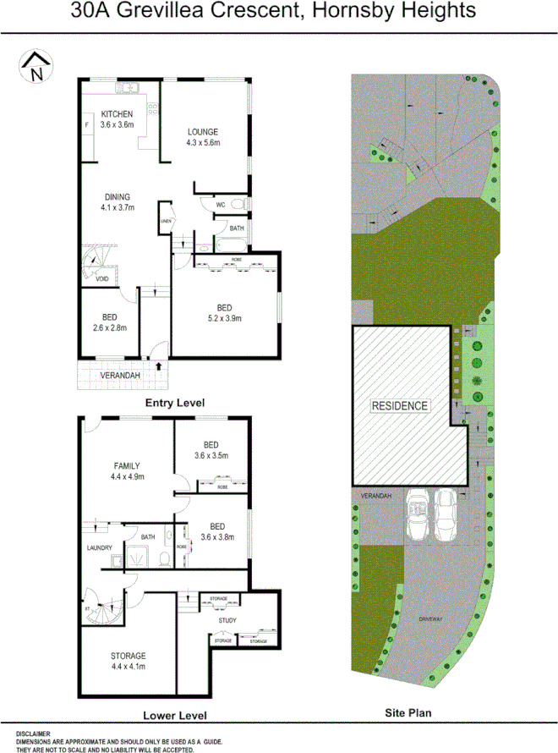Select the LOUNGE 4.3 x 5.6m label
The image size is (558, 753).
(203, 136)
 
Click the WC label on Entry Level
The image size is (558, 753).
(220, 204)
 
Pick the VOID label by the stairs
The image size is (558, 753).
(101, 278)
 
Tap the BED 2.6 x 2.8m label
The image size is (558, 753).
(110, 322)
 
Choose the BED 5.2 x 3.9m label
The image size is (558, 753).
(224, 312)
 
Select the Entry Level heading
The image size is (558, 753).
(175, 403)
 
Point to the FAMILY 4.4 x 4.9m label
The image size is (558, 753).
(128, 470)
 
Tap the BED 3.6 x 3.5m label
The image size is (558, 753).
(211, 449)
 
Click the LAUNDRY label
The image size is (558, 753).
(100, 548)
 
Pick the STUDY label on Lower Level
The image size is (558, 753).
(227, 621)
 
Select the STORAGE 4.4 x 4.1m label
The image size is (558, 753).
(128, 661)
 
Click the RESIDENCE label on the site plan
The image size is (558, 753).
(401, 405)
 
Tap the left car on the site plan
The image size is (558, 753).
(417, 515)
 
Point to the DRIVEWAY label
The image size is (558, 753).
(430, 620)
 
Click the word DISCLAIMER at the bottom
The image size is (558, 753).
(33, 734)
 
